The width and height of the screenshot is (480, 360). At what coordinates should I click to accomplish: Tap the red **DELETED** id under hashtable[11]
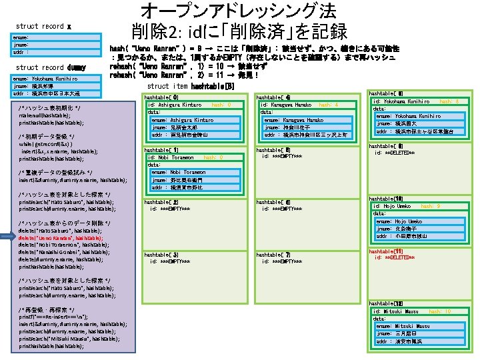(x=415, y=257)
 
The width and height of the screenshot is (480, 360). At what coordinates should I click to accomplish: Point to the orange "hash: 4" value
(x=329, y=105)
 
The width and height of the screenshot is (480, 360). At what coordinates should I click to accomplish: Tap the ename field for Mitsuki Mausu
(x=405, y=326)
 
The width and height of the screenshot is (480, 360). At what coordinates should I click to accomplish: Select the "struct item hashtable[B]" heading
(x=190, y=86)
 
